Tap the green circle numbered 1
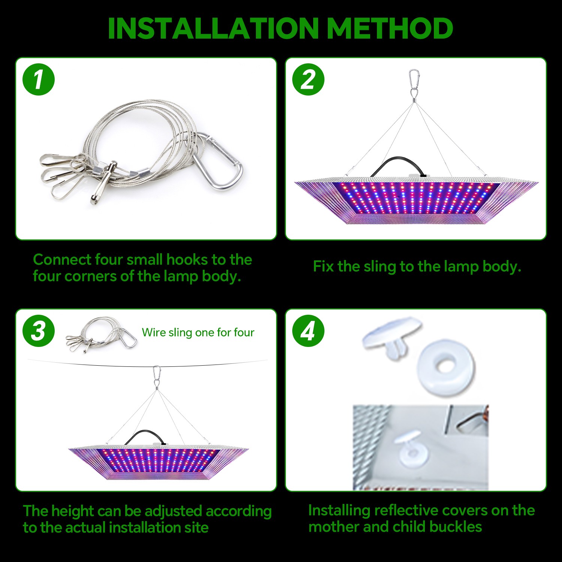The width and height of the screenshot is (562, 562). pos(39,80)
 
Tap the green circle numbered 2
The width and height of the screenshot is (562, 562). pos(308,80)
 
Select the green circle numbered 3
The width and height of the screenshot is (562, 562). pos(39,331)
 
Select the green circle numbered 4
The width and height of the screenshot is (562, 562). pos(308,331)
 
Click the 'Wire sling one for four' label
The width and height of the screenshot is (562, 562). pos(198,332)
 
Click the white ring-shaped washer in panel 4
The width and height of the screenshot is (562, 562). pos(445,365)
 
